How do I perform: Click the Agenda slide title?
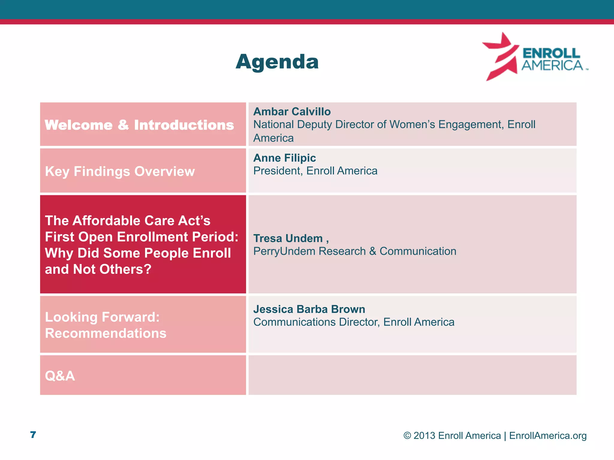tap(277, 62)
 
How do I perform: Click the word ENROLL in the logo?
tap(551, 53)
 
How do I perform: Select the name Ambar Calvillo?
tap(292, 112)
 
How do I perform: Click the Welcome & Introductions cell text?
tap(139, 125)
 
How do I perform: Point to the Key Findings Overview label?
tap(120, 172)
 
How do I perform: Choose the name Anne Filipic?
tap(285, 158)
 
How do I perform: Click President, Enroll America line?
tap(315, 171)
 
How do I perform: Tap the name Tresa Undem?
tap(288, 238)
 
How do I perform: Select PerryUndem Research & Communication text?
tap(355, 251)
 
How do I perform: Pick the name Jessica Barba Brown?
tap(309, 309)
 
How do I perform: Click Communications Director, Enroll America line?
tap(354, 322)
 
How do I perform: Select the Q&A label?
tap(60, 376)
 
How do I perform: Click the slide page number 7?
tap(33, 435)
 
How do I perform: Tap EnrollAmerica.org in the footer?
tap(548, 436)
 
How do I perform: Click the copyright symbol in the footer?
tap(407, 436)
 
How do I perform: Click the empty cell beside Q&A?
tap(412, 375)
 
